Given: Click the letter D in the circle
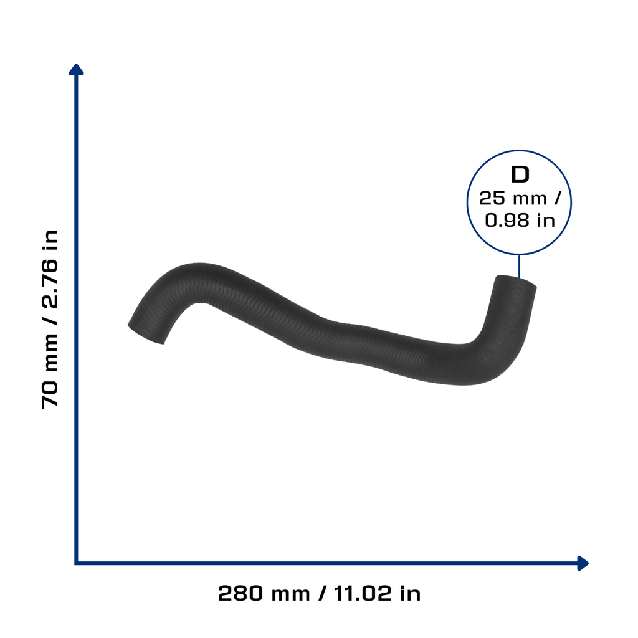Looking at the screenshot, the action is (520, 174).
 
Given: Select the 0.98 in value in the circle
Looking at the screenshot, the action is (520, 221).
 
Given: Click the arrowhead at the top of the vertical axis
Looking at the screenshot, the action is (76, 70).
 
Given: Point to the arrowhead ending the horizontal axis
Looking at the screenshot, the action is (583, 563).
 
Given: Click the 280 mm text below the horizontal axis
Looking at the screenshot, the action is (264, 593).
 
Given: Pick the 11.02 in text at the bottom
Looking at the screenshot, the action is (377, 593).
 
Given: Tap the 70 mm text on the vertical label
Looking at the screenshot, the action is (50, 371).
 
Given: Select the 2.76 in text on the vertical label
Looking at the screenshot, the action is (50, 269).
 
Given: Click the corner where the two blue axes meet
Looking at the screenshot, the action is (76, 563).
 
